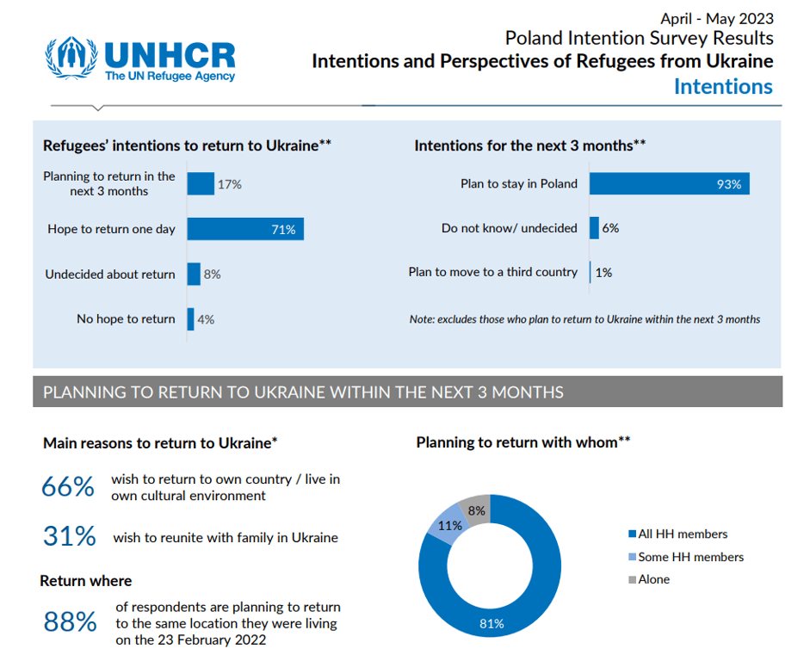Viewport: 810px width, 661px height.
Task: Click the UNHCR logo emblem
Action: pyautogui.click(x=72, y=58)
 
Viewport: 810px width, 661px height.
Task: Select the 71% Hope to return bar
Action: pyautogui.click(x=245, y=229)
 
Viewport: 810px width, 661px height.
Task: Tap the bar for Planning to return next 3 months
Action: pyautogui.click(x=201, y=183)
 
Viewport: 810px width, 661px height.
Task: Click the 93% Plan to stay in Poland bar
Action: pyautogui.click(x=669, y=183)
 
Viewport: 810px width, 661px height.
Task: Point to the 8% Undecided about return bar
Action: pyautogui.click(x=194, y=274)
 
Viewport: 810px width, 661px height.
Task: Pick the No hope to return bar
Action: pyautogui.click(x=190, y=318)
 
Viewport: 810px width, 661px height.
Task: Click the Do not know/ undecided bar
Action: pyautogui.click(x=594, y=228)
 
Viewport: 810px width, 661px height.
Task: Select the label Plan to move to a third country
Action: pyautogui.click(x=492, y=272)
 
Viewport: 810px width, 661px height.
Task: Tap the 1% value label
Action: pyautogui.click(x=603, y=273)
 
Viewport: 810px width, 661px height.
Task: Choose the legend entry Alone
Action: pyautogui.click(x=653, y=579)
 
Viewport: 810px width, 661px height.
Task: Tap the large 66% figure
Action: pyautogui.click(x=68, y=487)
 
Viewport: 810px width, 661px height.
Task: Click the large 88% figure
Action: pyautogui.click(x=70, y=621)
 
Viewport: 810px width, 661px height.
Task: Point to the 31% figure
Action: pyautogui.click(x=69, y=536)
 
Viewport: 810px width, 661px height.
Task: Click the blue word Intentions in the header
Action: pyautogui.click(x=722, y=87)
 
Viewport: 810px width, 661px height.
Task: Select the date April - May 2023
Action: pyautogui.click(x=716, y=18)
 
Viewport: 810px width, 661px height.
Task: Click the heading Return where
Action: pyautogui.click(x=86, y=581)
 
